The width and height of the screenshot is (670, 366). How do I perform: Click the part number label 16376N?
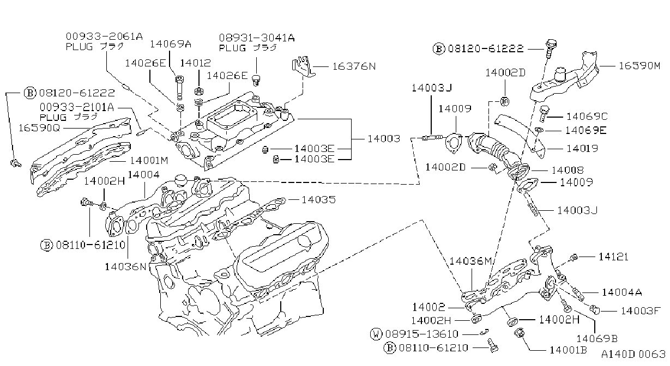[354, 66]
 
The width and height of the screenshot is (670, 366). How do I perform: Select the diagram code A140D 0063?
[633, 355]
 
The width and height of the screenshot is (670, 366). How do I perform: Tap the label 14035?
[318, 199]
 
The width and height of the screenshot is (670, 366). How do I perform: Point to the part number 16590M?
[639, 66]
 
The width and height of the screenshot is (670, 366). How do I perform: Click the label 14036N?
[125, 266]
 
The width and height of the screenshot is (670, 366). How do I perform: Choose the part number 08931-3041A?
[257, 38]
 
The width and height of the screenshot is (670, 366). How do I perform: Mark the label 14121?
[613, 257]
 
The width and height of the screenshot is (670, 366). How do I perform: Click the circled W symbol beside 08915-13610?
[376, 334]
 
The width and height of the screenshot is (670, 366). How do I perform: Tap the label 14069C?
[587, 117]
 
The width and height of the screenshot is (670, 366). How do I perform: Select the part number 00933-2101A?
[77, 107]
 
